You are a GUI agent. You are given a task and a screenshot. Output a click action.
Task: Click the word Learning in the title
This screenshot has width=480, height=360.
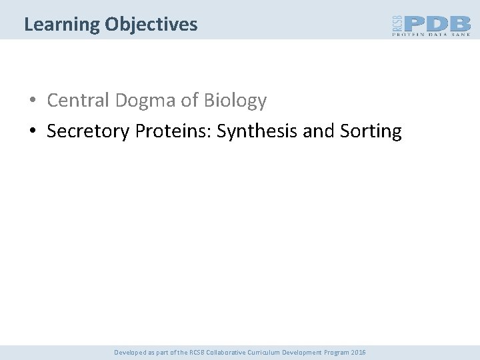point(62,25)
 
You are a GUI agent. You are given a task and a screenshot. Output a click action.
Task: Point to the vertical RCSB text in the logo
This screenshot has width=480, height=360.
point(396,25)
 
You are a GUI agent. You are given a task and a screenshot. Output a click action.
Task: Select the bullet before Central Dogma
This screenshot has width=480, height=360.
point(32,101)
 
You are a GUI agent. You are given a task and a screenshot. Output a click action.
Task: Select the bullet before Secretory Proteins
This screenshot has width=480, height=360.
point(32,131)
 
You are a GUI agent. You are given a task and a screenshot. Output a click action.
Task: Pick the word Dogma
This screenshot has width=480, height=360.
point(147,101)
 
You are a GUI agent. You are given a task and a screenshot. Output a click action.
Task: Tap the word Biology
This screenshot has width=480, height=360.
point(235,101)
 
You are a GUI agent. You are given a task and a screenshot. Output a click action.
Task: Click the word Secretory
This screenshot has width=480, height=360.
point(89,131)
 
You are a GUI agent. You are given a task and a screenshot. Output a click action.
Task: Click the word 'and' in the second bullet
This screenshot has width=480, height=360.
point(318,131)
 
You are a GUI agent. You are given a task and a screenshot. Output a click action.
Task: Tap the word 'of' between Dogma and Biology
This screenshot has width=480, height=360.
point(191,101)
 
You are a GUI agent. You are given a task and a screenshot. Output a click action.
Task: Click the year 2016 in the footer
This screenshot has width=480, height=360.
point(358,352)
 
